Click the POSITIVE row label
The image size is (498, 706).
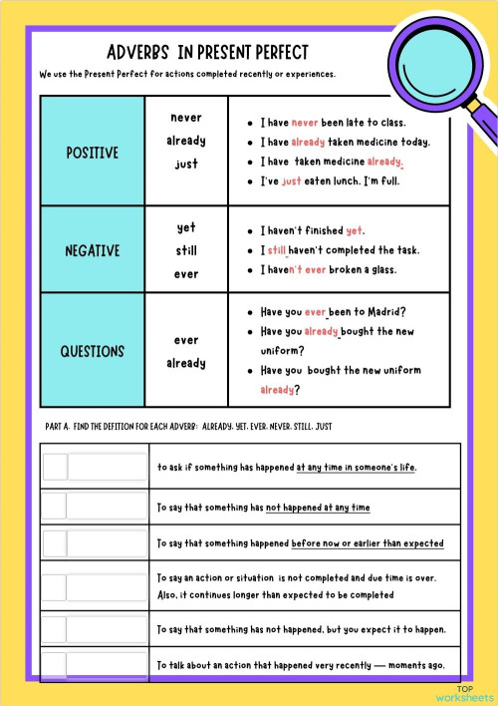[x=92, y=153]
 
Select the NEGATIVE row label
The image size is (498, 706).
[x=92, y=251]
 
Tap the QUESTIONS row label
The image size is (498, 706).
[x=92, y=351]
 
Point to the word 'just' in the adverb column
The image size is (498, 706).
[x=186, y=164]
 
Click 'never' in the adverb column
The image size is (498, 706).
[x=186, y=118]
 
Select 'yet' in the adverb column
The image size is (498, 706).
[x=186, y=227]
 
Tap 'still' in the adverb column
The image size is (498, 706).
[x=186, y=251]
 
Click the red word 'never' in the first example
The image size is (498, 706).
[x=305, y=123]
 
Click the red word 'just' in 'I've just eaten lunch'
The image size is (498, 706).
[x=291, y=181]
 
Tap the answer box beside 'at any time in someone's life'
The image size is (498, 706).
[x=95, y=467]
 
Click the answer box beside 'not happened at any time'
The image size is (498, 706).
[x=95, y=506]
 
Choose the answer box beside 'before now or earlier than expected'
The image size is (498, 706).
[x=95, y=543]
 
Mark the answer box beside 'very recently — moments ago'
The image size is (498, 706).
[x=95, y=665]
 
